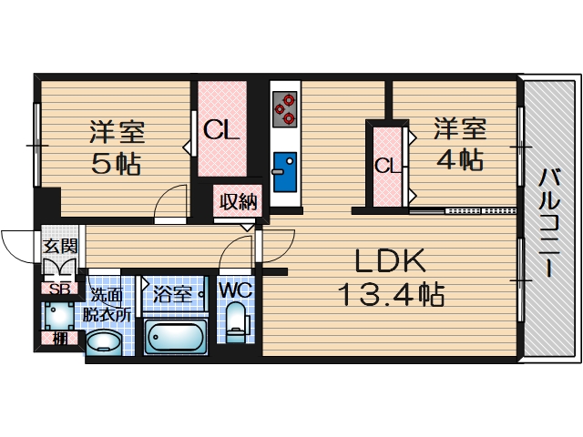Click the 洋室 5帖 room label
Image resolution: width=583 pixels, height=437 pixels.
[117, 148]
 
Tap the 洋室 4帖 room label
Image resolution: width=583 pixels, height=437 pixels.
[458, 143]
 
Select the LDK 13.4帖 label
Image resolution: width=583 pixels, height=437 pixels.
[391, 278]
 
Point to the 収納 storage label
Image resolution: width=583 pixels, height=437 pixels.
[240, 202]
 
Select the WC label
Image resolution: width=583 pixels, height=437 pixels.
[234, 291]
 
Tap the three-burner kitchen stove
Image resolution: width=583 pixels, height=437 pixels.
[285, 106]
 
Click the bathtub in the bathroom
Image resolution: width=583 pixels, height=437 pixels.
[177, 338]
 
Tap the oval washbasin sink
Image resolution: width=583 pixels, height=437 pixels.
[102, 343]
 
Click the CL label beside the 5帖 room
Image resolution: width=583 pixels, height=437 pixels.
[221, 131]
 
